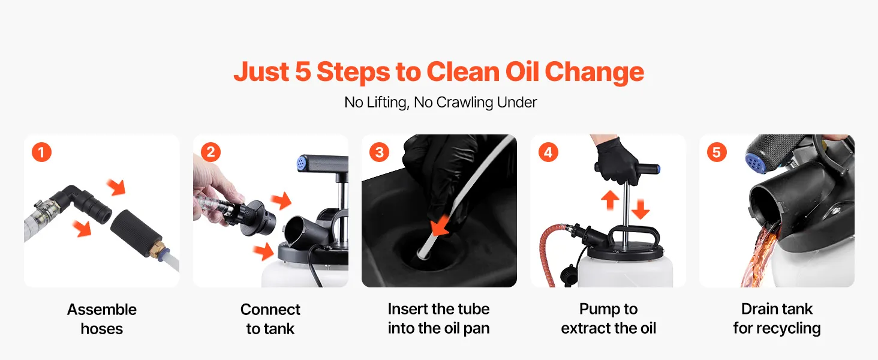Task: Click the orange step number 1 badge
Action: point(41,152)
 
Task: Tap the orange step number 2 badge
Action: point(211,152)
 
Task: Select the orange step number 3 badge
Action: point(379,152)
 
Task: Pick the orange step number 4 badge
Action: point(548,152)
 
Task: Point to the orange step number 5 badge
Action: point(717,152)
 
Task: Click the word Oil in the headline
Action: point(522,72)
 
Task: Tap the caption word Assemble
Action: point(102,310)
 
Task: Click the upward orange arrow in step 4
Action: point(610,200)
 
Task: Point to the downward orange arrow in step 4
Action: point(640,209)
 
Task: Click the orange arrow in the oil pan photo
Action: point(440,226)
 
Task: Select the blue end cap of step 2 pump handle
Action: point(302,163)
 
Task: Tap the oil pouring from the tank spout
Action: point(760,255)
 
